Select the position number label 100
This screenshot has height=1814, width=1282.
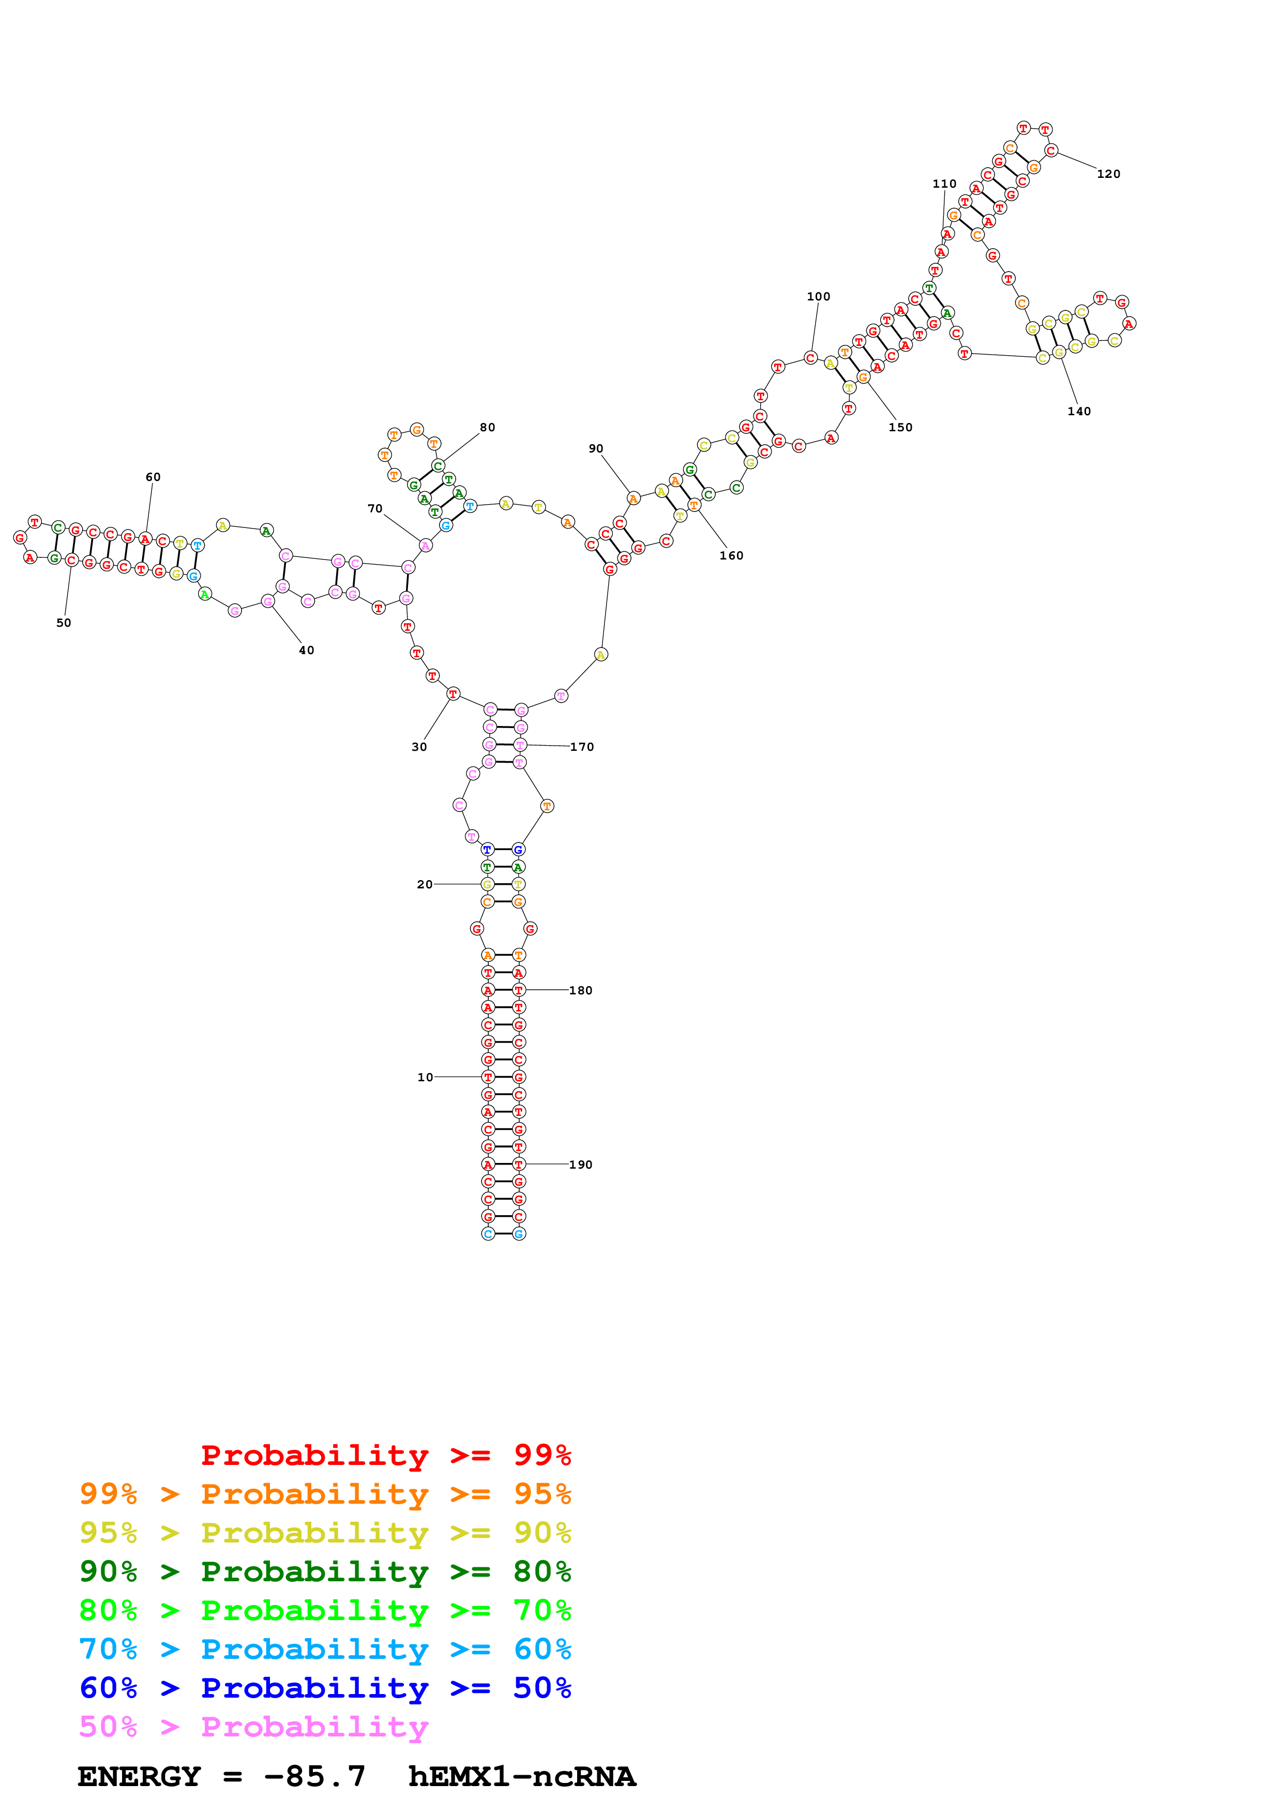[818, 296]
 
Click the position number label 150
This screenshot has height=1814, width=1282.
[900, 428]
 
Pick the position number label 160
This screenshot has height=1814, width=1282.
[731, 555]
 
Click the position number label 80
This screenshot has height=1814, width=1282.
[487, 428]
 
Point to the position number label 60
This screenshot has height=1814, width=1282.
[153, 477]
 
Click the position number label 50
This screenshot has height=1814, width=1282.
[63, 623]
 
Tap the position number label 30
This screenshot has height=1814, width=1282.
[419, 747]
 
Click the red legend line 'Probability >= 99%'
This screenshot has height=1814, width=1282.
[385, 1455]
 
